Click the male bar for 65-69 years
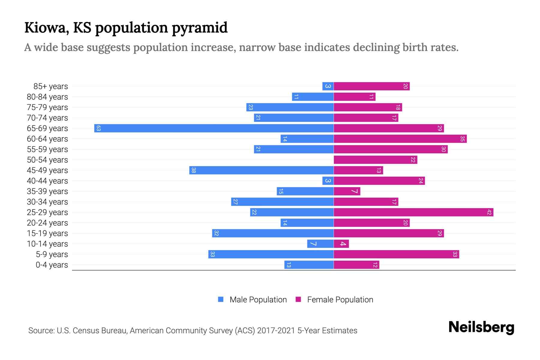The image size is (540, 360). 214,128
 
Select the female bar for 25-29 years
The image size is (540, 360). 413,212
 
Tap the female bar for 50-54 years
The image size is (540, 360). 375,160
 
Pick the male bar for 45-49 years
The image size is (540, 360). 261,170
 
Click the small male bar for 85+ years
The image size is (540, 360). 328,86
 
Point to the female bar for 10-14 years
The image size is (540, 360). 341,244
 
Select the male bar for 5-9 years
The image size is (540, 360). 271,254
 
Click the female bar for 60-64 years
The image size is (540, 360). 400,139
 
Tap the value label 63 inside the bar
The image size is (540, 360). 98,128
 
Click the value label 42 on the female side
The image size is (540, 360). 489,212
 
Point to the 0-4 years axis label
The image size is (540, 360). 52,265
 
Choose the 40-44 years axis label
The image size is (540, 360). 47,181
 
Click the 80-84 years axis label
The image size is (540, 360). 47,97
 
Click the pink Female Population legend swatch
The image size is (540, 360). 298,299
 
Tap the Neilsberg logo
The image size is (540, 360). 481,327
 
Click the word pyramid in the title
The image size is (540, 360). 200,28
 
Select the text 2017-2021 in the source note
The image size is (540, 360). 276,331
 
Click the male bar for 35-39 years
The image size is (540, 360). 305,191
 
